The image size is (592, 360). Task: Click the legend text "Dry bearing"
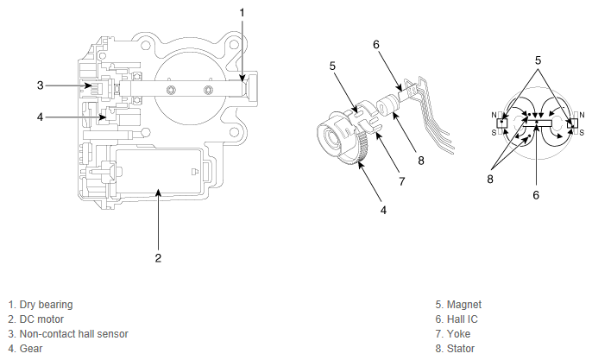coord(45,305)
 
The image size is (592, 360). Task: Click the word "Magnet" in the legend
coord(466,305)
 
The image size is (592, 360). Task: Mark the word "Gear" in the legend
coord(31,349)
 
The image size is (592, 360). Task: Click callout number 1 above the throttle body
coord(242,12)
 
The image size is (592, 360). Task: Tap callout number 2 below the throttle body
coord(158,256)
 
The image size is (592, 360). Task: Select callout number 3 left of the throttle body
coord(40,85)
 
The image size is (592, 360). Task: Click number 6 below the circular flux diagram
coord(536,196)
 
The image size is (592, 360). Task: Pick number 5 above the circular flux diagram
coord(537,61)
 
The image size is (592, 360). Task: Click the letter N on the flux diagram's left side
coord(494,114)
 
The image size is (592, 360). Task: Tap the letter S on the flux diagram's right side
coord(582,131)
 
